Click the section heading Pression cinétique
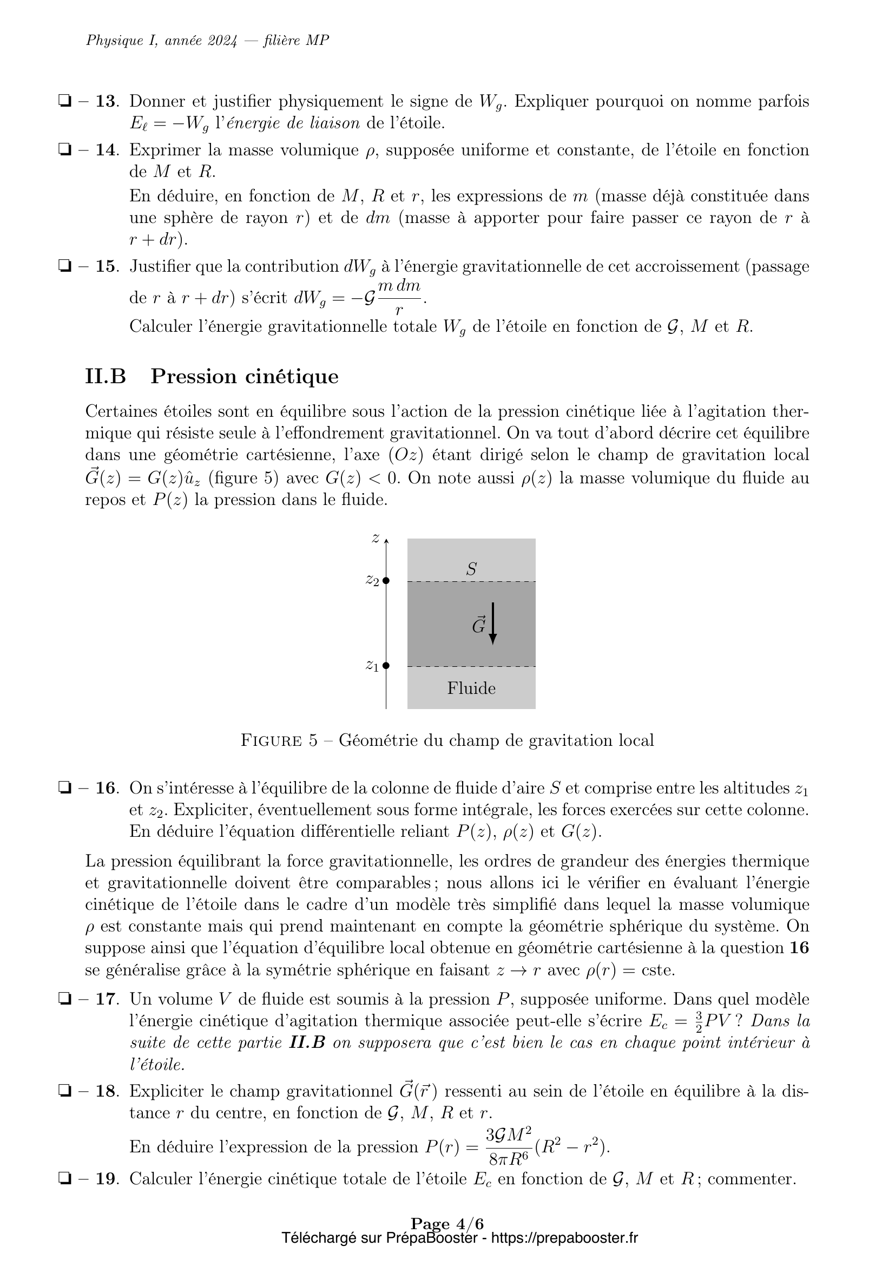coord(244,376)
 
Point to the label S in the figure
coord(471,569)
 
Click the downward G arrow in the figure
coord(493,624)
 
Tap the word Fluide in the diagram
coord(471,688)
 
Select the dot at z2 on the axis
coord(386,581)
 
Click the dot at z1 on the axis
coord(386,666)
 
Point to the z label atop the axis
coord(376,539)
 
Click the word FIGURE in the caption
coord(271,740)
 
